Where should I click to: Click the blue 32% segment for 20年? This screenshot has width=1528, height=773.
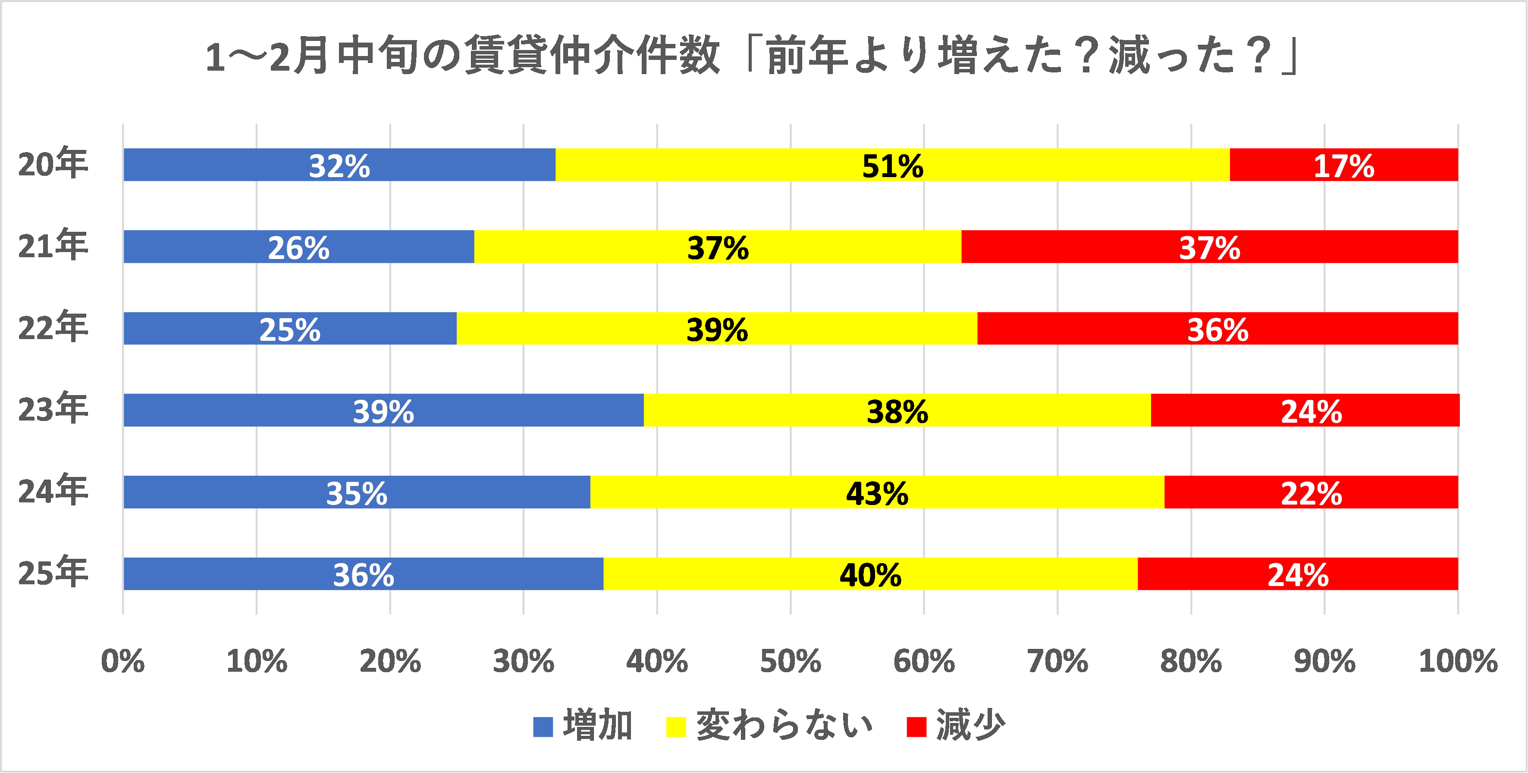pos(339,165)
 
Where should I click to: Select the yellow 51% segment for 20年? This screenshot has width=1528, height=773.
pos(892,165)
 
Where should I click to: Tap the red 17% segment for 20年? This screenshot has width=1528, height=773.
pos(1343,165)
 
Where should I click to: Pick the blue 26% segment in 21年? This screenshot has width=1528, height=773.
pos(298,246)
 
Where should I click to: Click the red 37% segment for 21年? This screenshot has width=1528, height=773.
pos(1209,246)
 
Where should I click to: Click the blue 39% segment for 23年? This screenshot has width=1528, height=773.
pos(383,410)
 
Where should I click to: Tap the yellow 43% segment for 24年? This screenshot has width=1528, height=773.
pos(877,492)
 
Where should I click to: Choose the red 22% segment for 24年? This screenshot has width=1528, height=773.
pos(1311,492)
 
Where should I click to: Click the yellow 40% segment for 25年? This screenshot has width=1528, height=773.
pos(870,574)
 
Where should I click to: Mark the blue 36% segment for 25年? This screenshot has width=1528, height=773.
pos(363,574)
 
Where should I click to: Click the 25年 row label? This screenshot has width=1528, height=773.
pos(53,573)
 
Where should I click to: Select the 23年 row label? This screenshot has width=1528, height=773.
pos(53,409)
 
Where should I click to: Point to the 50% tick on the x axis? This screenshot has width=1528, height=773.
pos(790,661)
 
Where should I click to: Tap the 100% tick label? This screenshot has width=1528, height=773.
pos(1457,661)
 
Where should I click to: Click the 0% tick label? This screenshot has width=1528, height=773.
pos(123,661)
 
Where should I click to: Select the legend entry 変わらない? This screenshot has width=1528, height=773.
pos(783,726)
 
